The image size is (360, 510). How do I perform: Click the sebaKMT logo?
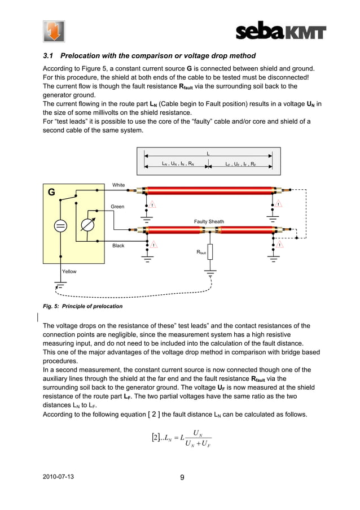click(280, 31)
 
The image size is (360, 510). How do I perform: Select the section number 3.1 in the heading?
click(50, 56)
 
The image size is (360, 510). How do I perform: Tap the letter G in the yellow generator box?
click(51, 192)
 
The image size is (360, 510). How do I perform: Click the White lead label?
click(118, 185)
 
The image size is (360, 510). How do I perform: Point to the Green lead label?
click(117, 207)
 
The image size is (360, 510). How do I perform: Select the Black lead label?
click(118, 246)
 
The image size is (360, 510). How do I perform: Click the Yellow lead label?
click(69, 272)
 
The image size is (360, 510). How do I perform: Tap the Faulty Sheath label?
click(209, 222)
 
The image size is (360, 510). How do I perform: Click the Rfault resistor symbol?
click(210, 252)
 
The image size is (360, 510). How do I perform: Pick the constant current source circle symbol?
click(60, 226)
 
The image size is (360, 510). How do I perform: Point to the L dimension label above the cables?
click(208, 153)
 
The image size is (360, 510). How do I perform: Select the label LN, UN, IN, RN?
click(178, 164)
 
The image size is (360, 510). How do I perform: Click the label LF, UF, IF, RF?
click(242, 164)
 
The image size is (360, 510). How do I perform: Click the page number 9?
click(182, 477)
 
